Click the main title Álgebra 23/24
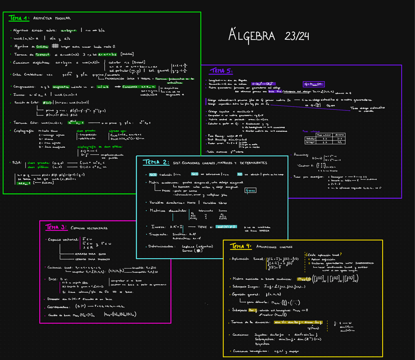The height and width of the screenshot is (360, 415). coord(269,36)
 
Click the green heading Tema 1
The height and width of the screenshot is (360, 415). coord(19,18)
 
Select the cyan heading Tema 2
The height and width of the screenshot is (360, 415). coord(156,162)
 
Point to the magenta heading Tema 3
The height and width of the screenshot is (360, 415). coord(56,227)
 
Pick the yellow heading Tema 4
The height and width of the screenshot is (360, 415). coord(240,246)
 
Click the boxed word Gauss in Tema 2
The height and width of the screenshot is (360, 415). coord(251,190)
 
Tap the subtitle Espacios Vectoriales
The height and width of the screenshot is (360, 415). coord(89,228)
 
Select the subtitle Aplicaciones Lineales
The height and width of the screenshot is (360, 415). coord(276,247)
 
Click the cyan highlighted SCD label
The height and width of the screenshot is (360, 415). coord(153,174)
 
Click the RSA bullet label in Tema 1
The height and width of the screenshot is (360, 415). coord(18,162)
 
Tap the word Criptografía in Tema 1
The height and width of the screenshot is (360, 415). coord(24,131)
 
